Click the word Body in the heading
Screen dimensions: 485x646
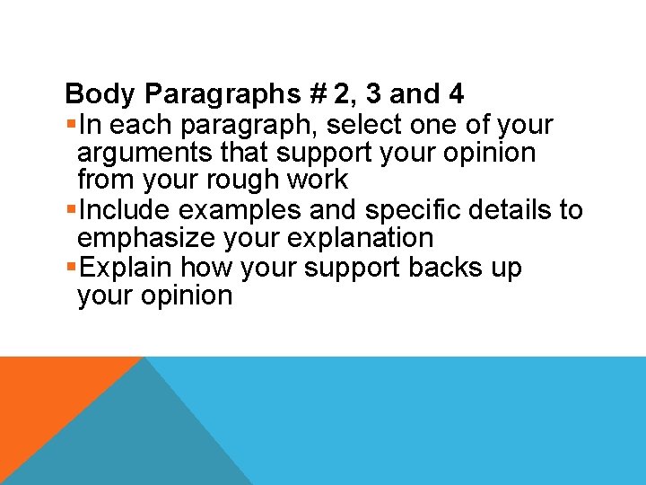(100, 93)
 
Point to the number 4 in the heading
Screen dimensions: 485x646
(456, 93)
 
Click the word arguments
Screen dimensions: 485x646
(136, 153)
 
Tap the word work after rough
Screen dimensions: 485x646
(318, 181)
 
